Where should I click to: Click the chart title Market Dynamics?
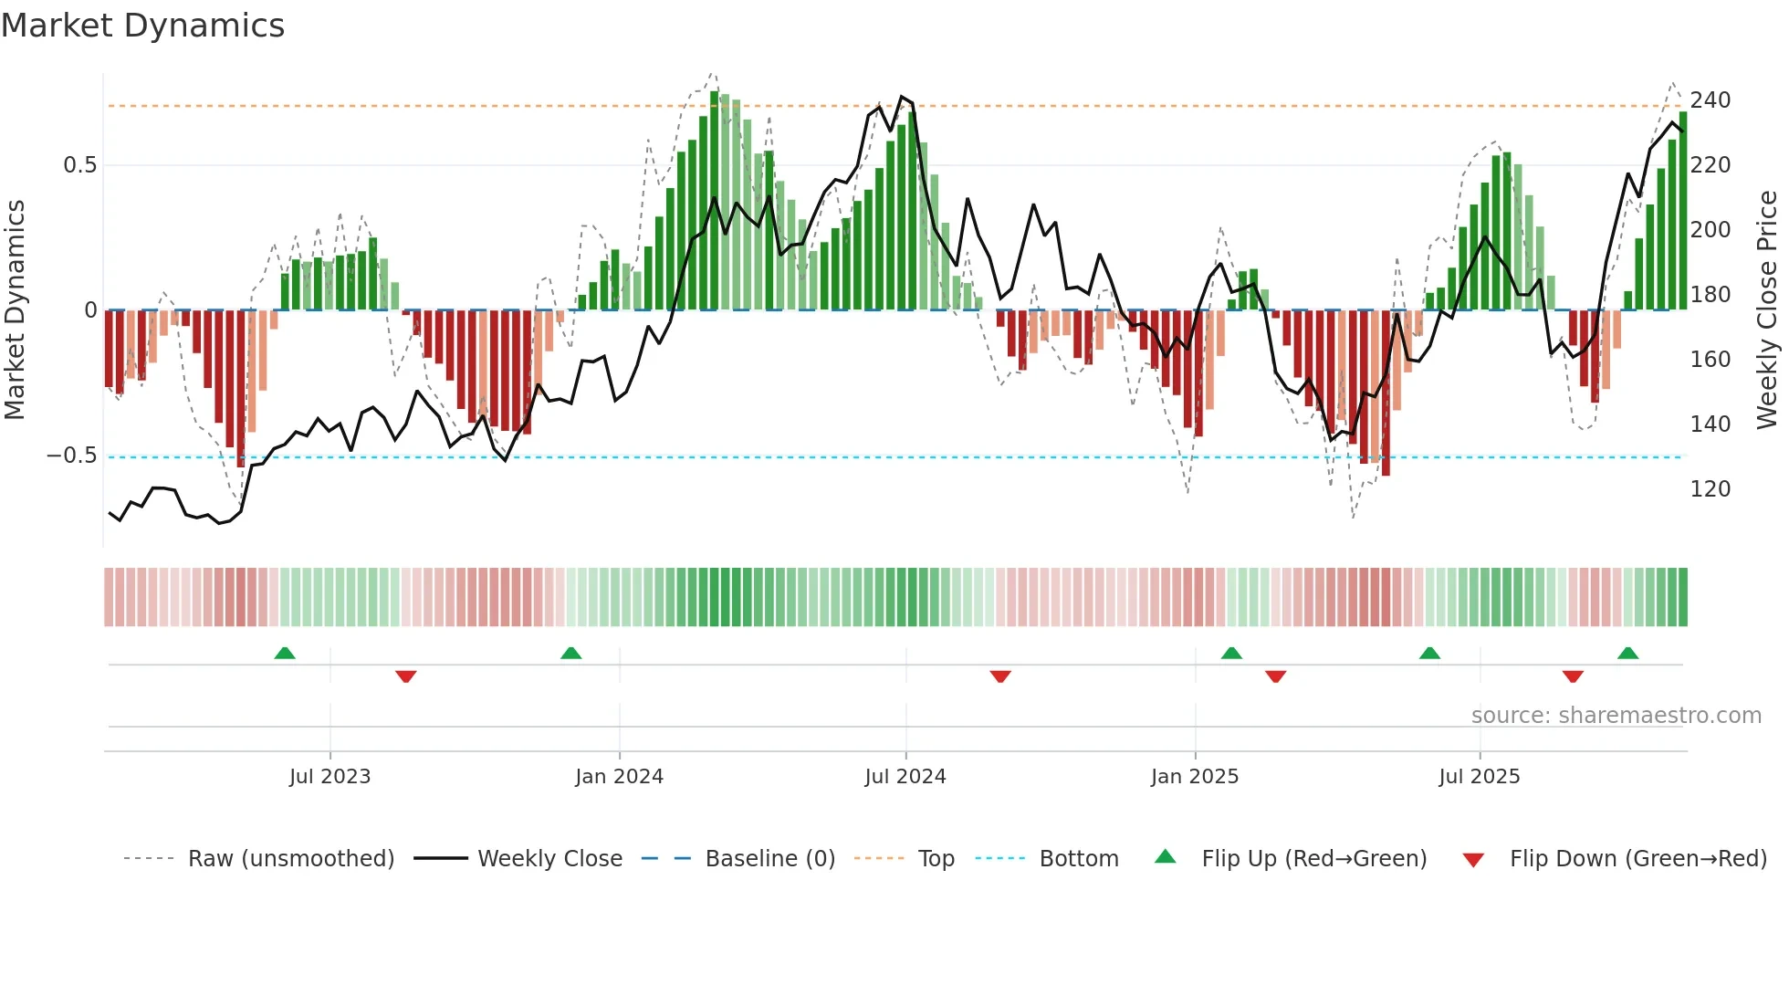(x=143, y=26)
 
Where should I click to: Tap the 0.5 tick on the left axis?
(x=79, y=165)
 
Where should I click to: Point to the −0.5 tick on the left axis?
(x=72, y=456)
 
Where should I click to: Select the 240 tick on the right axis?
(x=1710, y=100)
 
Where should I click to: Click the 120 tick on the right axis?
(x=1710, y=489)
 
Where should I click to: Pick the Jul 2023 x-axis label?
(x=330, y=777)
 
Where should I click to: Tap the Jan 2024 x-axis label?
(x=619, y=777)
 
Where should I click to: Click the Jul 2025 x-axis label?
(x=1479, y=777)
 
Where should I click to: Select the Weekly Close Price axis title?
(x=1767, y=310)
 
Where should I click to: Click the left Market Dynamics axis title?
(x=15, y=310)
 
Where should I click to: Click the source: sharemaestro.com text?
(x=1616, y=716)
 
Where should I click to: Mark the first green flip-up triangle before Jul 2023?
(x=285, y=654)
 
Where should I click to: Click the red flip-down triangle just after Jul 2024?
(x=1000, y=676)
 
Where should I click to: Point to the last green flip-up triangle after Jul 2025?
(x=1627, y=654)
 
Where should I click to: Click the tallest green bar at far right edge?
(x=1683, y=210)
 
